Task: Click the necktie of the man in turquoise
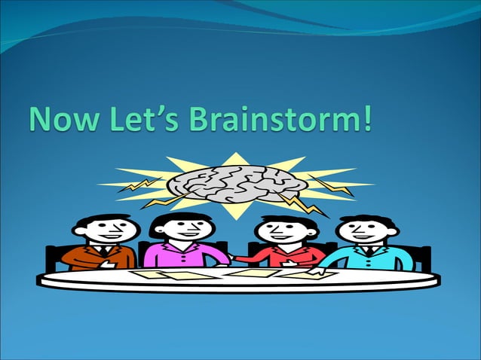click(x=367, y=251)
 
